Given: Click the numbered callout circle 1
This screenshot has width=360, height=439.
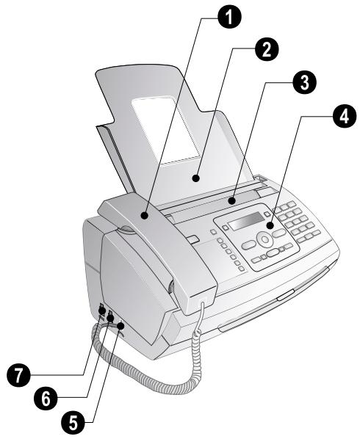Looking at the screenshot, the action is (229, 17).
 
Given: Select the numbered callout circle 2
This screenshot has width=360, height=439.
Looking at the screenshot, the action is (267, 49).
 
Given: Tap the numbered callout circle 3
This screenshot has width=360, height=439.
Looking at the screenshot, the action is (304, 83).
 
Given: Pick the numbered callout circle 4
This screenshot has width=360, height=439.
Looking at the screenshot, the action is (345, 116).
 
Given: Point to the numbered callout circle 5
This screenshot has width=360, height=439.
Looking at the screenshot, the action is (73, 422).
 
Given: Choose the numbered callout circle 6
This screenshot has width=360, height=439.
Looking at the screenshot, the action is (46, 398).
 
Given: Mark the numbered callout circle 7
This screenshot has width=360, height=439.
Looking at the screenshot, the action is (18, 374).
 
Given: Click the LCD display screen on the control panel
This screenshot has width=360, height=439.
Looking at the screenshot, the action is (247, 221).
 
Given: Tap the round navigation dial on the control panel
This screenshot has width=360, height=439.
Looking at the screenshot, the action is (264, 239).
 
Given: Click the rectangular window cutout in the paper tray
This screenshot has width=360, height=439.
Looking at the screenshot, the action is (165, 130).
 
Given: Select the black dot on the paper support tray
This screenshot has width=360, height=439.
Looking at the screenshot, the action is (196, 178).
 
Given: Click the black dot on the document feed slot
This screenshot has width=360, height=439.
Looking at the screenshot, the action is (231, 200).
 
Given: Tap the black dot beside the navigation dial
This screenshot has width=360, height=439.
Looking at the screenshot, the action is (270, 225).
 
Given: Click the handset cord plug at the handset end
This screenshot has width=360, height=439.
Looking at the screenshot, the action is (203, 300).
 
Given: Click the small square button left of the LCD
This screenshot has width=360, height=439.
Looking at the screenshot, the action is (226, 228).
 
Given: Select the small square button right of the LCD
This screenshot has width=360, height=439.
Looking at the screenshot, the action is (267, 214).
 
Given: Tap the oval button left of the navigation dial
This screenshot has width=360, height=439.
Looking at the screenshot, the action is (248, 245).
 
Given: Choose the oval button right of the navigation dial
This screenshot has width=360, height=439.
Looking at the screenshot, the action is (278, 233).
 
